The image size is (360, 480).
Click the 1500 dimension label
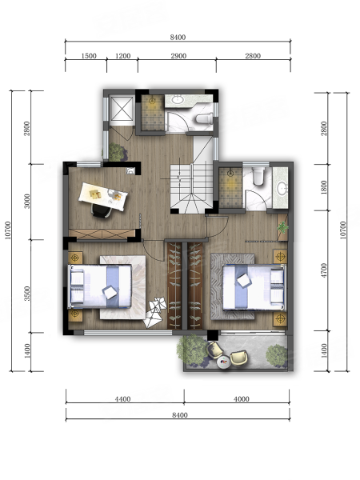(x=89, y=56)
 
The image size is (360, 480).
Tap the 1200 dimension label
(x=122, y=56)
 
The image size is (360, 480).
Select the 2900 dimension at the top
(x=178, y=56)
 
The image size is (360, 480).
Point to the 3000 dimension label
(x=27, y=201)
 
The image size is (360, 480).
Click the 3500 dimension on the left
(x=27, y=294)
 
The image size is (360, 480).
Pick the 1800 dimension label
(x=324, y=187)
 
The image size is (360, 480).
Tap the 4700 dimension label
(x=324, y=270)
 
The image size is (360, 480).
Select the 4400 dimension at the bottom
(x=122, y=399)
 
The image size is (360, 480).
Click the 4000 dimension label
(x=242, y=399)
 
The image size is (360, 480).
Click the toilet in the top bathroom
(x=204, y=118)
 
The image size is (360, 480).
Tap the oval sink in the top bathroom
(x=177, y=99)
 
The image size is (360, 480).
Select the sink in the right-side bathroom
(x=281, y=188)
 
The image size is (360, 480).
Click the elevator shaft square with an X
(x=122, y=109)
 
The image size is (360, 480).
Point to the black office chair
(x=102, y=211)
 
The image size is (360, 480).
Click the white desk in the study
(x=103, y=196)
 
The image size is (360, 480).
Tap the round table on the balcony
(x=223, y=363)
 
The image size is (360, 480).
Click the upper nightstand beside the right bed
(x=280, y=256)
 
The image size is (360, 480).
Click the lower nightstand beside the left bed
(x=75, y=315)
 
